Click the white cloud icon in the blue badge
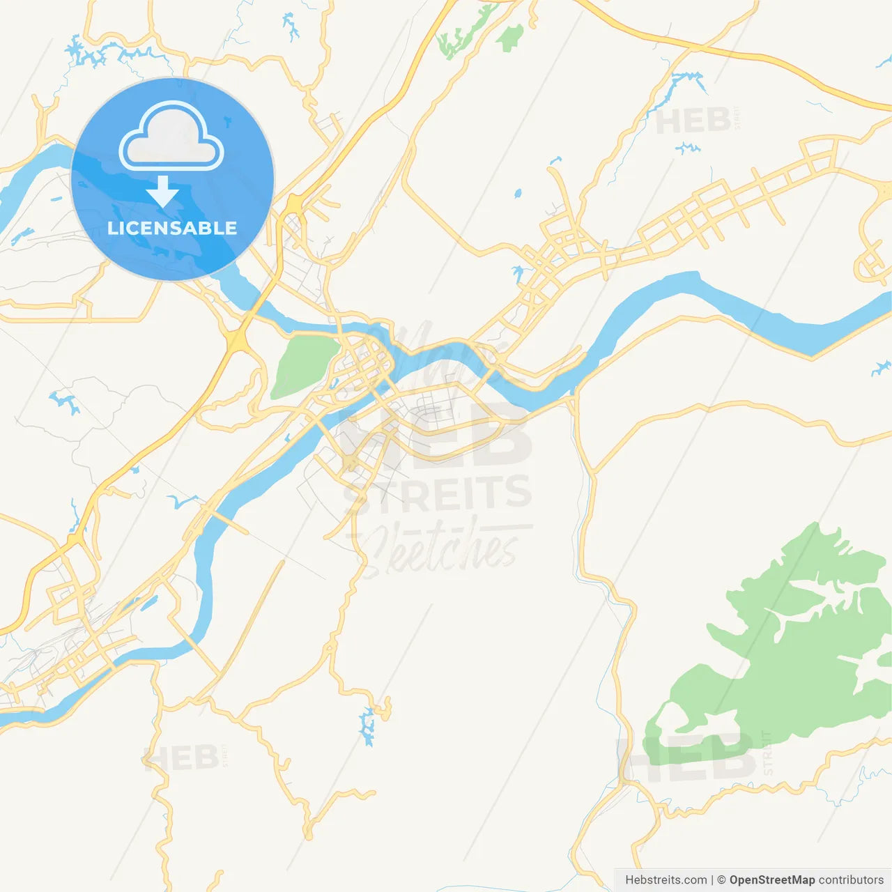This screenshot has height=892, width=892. [x=171, y=137]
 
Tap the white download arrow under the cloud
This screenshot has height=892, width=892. [x=163, y=192]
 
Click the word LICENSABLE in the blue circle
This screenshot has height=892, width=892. [x=172, y=228]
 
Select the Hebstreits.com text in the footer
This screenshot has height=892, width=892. [x=666, y=880]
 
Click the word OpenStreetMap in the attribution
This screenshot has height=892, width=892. [x=771, y=880]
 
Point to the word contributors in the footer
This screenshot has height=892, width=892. [x=851, y=880]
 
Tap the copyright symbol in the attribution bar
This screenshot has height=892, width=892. [x=721, y=880]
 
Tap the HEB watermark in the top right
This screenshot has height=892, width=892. [x=693, y=121]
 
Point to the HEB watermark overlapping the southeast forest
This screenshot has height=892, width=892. [x=686, y=758]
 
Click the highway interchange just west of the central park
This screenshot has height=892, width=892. [x=238, y=341]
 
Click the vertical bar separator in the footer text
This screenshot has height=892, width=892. [x=712, y=880]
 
